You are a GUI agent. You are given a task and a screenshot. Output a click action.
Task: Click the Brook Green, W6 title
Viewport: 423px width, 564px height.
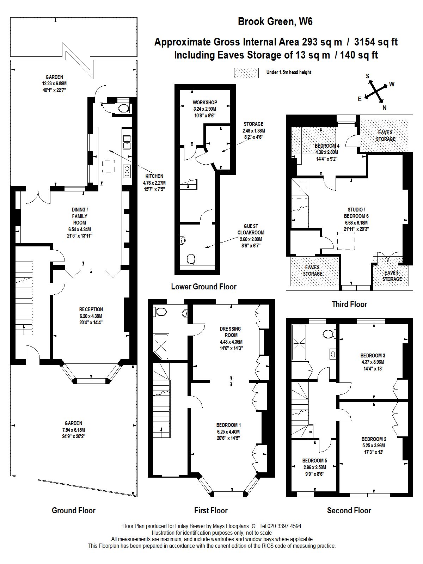pos(275,22)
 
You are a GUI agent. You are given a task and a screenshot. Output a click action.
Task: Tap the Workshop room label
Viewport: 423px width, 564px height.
pos(205,103)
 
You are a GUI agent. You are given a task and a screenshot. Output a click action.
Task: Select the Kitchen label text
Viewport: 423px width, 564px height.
pos(154,176)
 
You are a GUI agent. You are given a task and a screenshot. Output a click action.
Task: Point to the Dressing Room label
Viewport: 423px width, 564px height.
pos(231,332)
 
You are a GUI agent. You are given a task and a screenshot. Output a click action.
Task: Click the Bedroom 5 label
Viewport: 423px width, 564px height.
pos(314,460)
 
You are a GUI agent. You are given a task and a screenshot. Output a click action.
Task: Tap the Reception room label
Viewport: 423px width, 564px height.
pos(91,309)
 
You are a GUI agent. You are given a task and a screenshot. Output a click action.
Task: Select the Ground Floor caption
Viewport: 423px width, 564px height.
pos(74,510)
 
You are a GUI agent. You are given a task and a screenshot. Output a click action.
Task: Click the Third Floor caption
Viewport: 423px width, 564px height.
pos(349,304)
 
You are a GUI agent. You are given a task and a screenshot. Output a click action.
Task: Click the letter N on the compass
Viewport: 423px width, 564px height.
pos(385,108)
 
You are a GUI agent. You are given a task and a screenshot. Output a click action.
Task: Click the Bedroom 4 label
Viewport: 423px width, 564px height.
pos(327,146)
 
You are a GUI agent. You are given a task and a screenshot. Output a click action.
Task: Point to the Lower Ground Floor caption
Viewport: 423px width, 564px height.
pos(204,287)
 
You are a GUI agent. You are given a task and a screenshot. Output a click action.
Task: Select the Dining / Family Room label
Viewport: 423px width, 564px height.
pos(80,216)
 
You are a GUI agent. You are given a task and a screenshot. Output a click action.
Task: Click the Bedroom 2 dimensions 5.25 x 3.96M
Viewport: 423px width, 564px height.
pos(374,445)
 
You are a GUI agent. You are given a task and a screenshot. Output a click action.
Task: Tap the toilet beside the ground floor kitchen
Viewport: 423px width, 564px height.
pos(123,108)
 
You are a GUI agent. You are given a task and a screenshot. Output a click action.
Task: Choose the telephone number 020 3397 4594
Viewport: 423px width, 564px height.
pos(281,526)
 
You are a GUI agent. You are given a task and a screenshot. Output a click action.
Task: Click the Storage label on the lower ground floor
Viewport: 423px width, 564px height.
pos(253,124)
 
